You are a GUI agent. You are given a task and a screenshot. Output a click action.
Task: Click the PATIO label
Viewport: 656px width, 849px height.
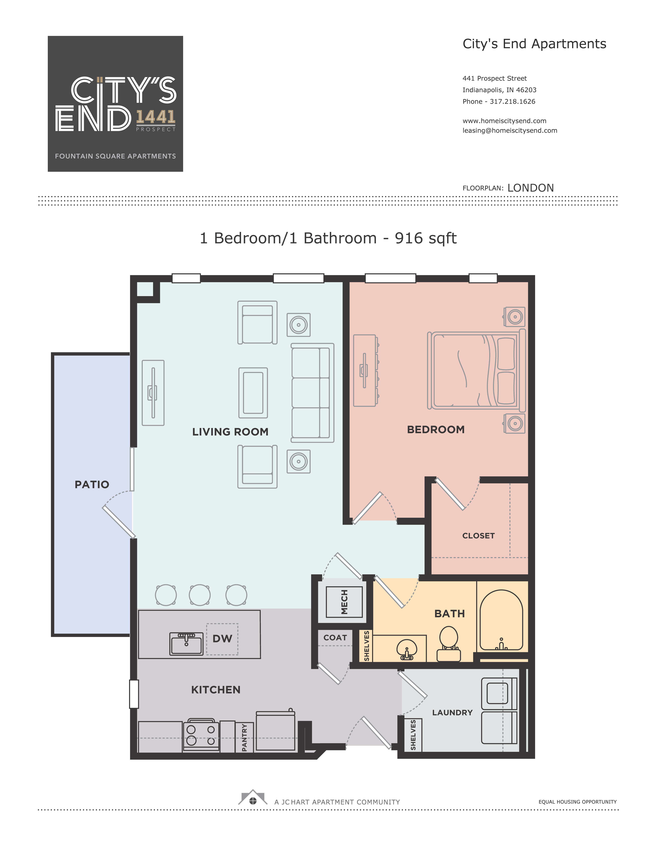point(92,484)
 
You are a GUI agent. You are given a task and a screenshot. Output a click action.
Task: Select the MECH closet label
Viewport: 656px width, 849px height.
point(344,602)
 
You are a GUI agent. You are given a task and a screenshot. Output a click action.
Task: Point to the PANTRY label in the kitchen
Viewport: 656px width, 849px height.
point(244,737)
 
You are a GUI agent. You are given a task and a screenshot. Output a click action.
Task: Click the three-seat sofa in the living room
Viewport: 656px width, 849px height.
point(312,393)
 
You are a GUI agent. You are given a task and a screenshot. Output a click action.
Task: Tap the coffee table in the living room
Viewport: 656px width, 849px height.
point(253,393)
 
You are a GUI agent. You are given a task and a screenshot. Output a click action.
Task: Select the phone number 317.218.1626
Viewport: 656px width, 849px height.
point(513,102)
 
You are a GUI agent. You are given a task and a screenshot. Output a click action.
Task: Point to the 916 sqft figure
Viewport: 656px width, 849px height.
point(426,238)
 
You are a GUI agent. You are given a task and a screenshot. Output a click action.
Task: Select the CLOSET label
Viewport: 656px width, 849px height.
point(478,536)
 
